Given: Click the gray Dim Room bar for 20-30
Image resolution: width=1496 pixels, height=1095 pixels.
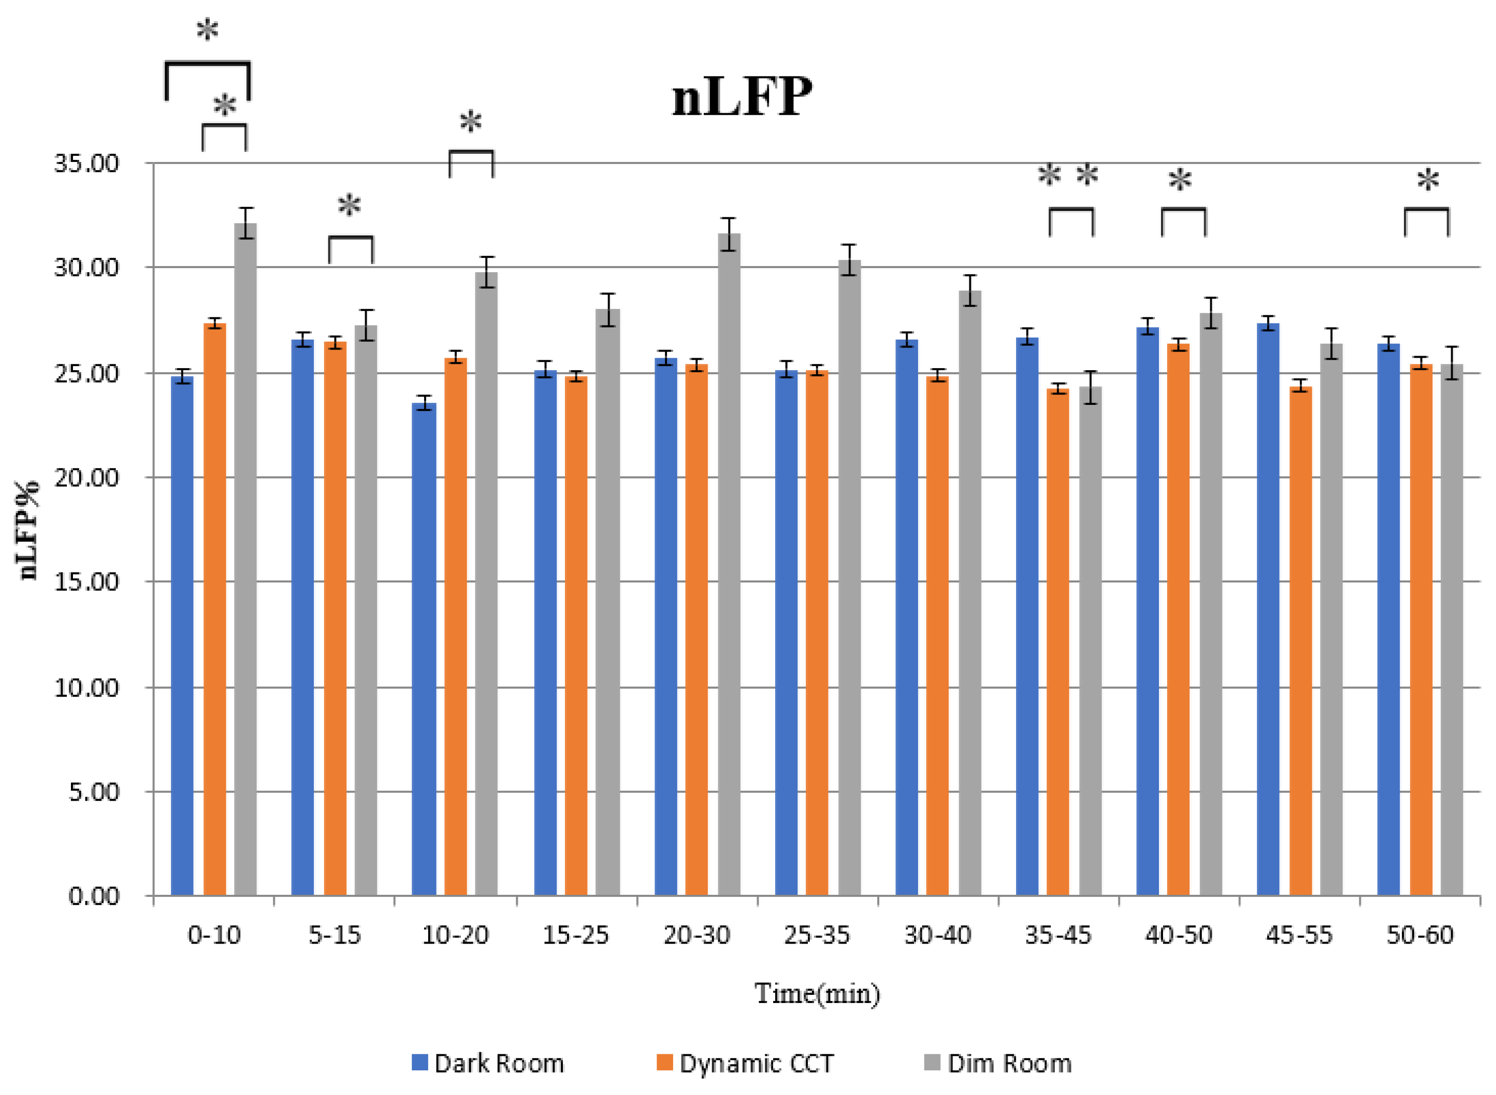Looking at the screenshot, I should [x=728, y=563].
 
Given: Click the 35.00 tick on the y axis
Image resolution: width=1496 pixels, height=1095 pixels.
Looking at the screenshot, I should [x=86, y=163].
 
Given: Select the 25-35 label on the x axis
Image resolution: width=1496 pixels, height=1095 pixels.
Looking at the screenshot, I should [x=816, y=935].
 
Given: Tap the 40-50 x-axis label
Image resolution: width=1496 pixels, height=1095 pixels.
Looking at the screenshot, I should [x=1179, y=935].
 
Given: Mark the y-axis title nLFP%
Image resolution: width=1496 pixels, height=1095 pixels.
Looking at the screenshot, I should [x=28, y=530].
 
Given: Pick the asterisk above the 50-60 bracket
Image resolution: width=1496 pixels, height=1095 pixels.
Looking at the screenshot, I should [x=1428, y=180].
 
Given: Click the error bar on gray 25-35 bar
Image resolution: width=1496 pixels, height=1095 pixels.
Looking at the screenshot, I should [x=850, y=259].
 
